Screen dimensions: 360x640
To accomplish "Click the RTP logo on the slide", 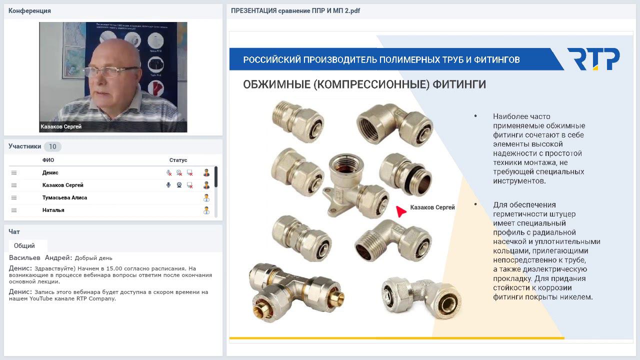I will [593, 59].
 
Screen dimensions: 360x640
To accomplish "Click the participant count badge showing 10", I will [52, 146].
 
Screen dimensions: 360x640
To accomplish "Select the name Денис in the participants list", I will [50, 172].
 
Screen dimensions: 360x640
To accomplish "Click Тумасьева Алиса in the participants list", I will [64, 197].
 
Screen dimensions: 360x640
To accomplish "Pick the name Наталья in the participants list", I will [53, 210].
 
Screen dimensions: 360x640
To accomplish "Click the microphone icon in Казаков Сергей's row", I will [168, 185].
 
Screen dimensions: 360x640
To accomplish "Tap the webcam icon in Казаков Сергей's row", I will [179, 185].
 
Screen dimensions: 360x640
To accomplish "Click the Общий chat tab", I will [24, 245].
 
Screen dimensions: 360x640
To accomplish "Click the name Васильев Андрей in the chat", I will [40, 258].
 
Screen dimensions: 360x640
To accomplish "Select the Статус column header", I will [178, 160].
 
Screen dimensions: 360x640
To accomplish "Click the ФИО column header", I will [48, 160].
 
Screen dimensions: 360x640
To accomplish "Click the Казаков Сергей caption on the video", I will [61, 126].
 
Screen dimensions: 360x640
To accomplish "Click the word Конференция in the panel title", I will [29, 10].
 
